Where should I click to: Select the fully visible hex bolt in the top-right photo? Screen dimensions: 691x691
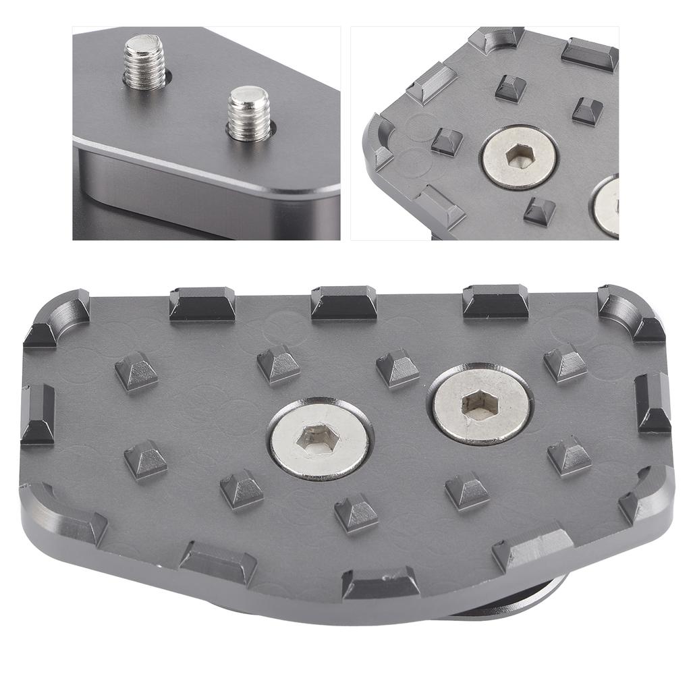click(x=520, y=157)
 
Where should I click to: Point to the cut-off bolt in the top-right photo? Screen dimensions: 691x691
click(x=607, y=206)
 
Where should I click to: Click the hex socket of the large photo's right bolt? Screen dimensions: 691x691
click(x=480, y=404)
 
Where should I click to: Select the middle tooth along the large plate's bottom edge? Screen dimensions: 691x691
click(x=380, y=582)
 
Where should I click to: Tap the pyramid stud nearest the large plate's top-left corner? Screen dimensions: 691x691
click(x=136, y=370)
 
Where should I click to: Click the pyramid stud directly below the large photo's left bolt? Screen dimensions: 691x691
click(x=356, y=513)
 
